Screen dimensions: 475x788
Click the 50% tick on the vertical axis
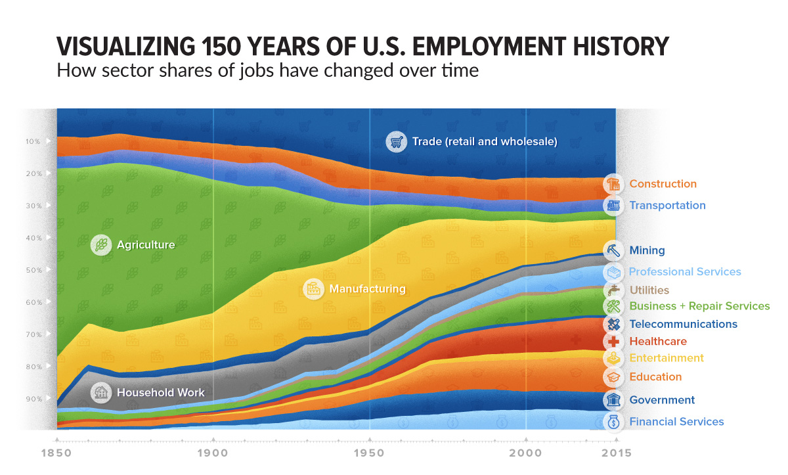click(x=33, y=270)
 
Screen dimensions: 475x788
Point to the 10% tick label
click(x=33, y=141)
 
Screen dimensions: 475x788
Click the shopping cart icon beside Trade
click(x=396, y=141)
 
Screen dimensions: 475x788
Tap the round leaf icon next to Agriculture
click(x=101, y=245)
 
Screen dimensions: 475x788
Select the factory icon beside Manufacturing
click(x=314, y=289)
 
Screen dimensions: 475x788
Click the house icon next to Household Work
click(x=101, y=393)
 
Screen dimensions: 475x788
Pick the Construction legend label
click(x=663, y=184)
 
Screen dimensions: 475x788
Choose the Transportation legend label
click(x=667, y=205)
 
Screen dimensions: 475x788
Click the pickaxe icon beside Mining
click(x=613, y=250)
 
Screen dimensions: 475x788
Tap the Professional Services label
click(x=685, y=271)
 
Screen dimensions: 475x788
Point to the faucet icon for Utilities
click(x=613, y=290)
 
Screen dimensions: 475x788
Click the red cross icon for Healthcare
click(x=613, y=341)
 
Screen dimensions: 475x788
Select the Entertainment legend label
click(x=667, y=358)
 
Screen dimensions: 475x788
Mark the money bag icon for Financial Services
click(x=613, y=422)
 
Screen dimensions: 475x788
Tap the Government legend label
click(x=662, y=400)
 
